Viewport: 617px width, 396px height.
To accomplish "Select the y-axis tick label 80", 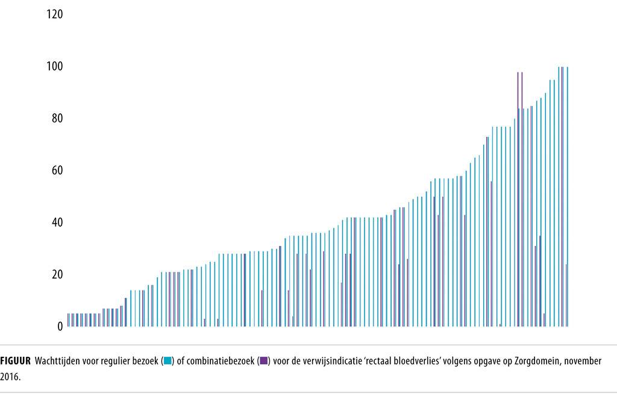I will pyautogui.click(x=57, y=118).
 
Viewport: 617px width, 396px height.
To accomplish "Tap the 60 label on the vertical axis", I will pyautogui.click(x=57, y=170).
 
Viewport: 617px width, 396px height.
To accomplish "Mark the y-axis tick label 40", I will pyautogui.click(x=57, y=222).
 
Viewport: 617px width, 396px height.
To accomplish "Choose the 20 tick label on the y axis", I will pyautogui.click(x=57, y=274).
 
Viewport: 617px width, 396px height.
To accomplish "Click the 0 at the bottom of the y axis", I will pyautogui.click(x=59, y=326).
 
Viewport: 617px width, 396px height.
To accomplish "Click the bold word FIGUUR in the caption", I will pyautogui.click(x=16, y=361).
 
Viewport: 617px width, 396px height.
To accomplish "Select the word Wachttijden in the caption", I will pyautogui.click(x=56, y=361).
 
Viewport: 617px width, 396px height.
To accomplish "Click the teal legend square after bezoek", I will pyautogui.click(x=168, y=361).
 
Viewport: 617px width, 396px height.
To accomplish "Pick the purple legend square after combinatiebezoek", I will pyautogui.click(x=263, y=361).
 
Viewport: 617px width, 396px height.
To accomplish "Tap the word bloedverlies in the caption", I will pyautogui.click(x=421, y=361).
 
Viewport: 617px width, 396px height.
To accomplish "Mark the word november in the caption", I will pyautogui.click(x=583, y=361).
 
